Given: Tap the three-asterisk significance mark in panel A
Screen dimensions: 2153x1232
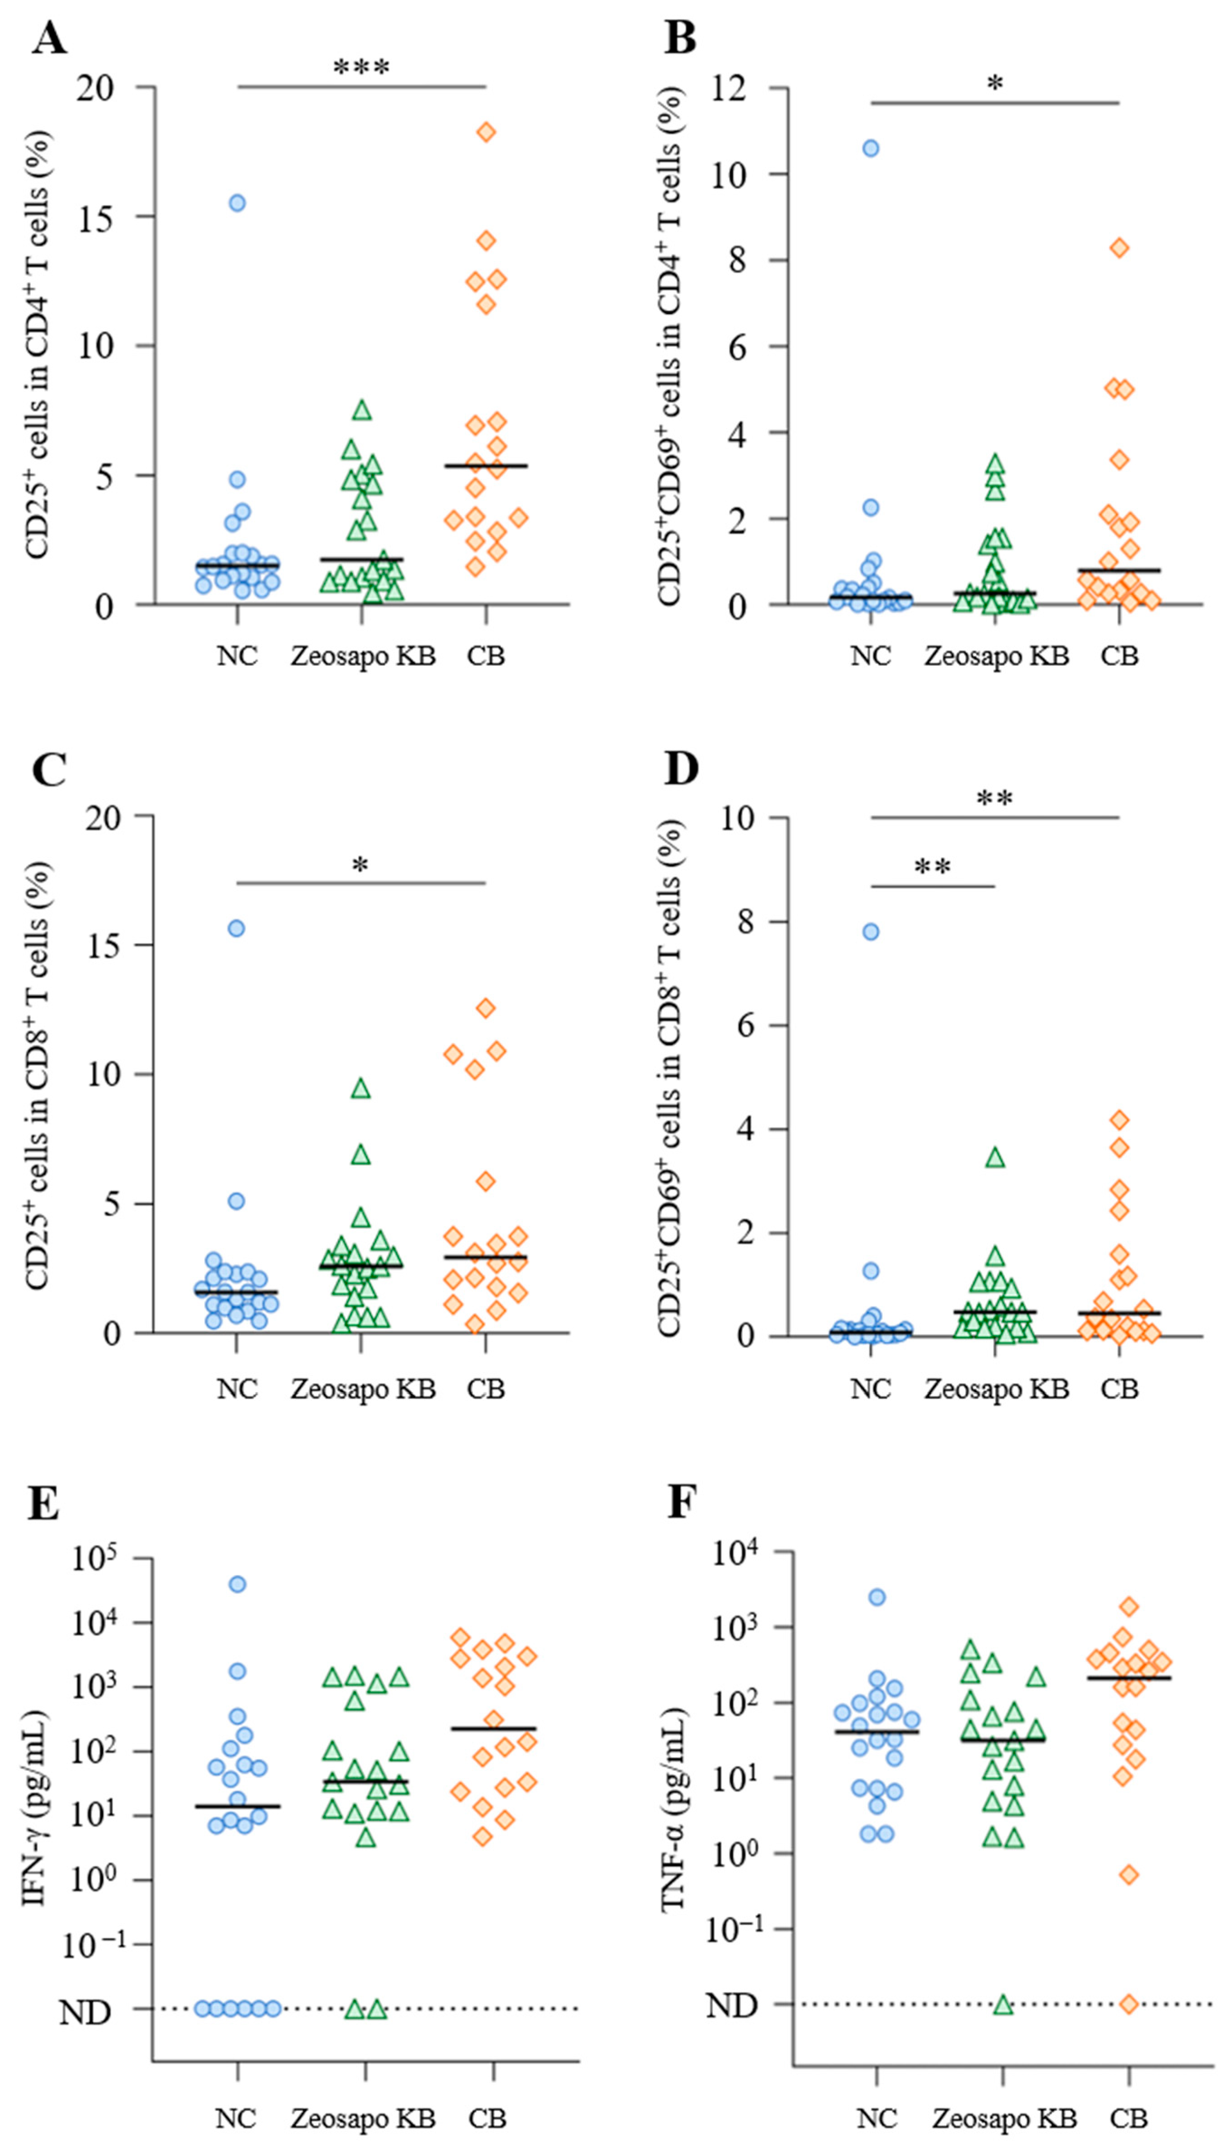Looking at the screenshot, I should coord(361,68).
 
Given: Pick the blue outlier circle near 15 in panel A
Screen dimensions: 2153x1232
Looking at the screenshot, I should coord(237,203).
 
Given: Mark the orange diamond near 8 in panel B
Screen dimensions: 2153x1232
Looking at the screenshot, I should coord(1119,248).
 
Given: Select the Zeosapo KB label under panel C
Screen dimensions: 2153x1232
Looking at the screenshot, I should coord(363,1389).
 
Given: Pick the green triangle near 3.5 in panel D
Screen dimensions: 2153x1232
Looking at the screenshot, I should coord(995,1157).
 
